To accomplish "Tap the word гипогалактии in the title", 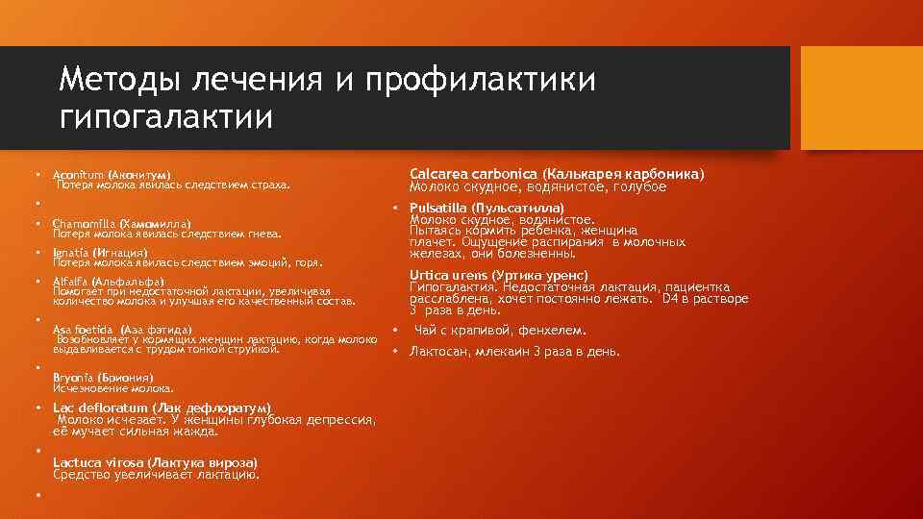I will pos(166,119).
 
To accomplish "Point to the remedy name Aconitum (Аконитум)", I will pos(112,172).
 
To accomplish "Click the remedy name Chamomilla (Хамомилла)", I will pos(122,223).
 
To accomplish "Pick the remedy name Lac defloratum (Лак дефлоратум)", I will pos(162,408).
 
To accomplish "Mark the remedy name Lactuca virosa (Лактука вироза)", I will pos(156,461).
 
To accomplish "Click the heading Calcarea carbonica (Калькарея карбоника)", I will pos(557,174).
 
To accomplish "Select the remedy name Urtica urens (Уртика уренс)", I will pos(499,275).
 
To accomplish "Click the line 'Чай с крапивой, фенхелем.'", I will pos(499,331).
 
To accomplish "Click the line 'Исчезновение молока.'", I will pos(113,388).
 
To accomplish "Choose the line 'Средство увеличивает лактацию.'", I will pos(157,473).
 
